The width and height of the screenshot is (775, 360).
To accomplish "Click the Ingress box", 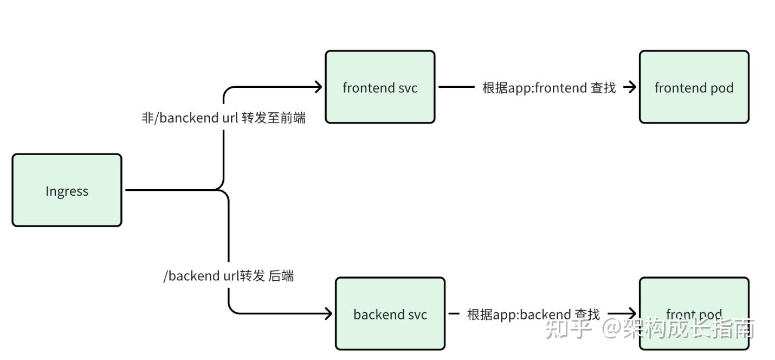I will click(x=67, y=190).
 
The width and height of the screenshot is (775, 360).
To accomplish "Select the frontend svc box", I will click(x=380, y=87).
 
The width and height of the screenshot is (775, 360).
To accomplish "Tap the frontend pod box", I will click(x=694, y=87).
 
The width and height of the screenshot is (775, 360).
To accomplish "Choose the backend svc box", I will click(x=390, y=314).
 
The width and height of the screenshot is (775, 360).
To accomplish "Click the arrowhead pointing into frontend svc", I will click(x=319, y=86).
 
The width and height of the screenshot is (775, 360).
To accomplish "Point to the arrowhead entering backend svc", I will click(x=328, y=313).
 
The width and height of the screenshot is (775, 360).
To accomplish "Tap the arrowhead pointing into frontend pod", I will click(x=631, y=87).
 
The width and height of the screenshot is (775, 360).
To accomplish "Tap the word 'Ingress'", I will click(x=67, y=191).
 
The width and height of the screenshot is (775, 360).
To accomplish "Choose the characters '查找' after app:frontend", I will click(x=603, y=88).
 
